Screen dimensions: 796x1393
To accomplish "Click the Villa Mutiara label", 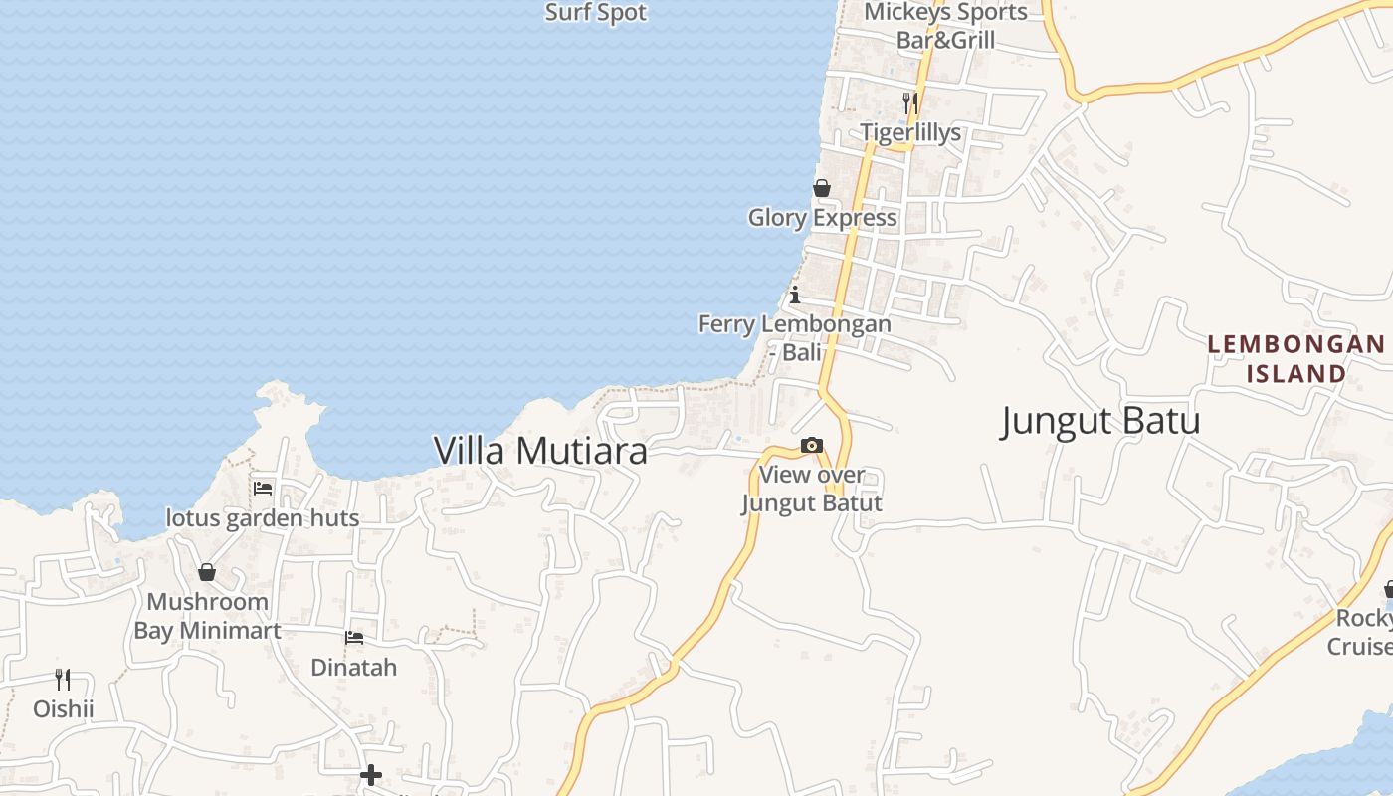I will pyautogui.click(x=540, y=451).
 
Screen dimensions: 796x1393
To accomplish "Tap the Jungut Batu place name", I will pyautogui.click(x=1099, y=421).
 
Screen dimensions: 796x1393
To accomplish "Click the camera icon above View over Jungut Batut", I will pyautogui.click(x=812, y=445).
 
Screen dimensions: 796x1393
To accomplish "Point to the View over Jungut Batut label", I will pyautogui.click(x=812, y=489).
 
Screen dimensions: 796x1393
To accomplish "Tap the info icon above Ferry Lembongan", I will pyautogui.click(x=795, y=295).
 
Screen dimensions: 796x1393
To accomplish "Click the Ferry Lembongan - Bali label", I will pyautogui.click(x=794, y=337).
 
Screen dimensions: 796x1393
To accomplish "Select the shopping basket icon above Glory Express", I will pyautogui.click(x=822, y=188).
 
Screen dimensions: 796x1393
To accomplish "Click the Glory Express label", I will pyautogui.click(x=822, y=217).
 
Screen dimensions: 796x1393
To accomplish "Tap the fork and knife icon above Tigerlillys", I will pyautogui.click(x=910, y=101).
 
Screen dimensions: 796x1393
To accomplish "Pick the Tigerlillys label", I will pyautogui.click(x=910, y=132).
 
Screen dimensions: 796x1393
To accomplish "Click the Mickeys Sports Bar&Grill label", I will pyautogui.click(x=945, y=26).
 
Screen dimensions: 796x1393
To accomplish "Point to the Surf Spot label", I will pyautogui.click(x=596, y=13).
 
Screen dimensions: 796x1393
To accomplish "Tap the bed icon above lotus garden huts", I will pyautogui.click(x=263, y=488).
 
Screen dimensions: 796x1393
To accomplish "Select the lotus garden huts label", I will pyautogui.click(x=263, y=518).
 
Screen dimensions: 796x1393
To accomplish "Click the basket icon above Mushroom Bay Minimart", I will pyautogui.click(x=207, y=572).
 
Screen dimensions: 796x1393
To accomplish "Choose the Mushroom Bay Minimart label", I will pyautogui.click(x=207, y=616).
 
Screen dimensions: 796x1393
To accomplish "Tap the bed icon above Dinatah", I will pyautogui.click(x=354, y=638).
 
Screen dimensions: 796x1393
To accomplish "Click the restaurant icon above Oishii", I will pyautogui.click(x=63, y=679).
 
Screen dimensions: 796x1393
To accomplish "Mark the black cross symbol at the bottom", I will pyautogui.click(x=371, y=774).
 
